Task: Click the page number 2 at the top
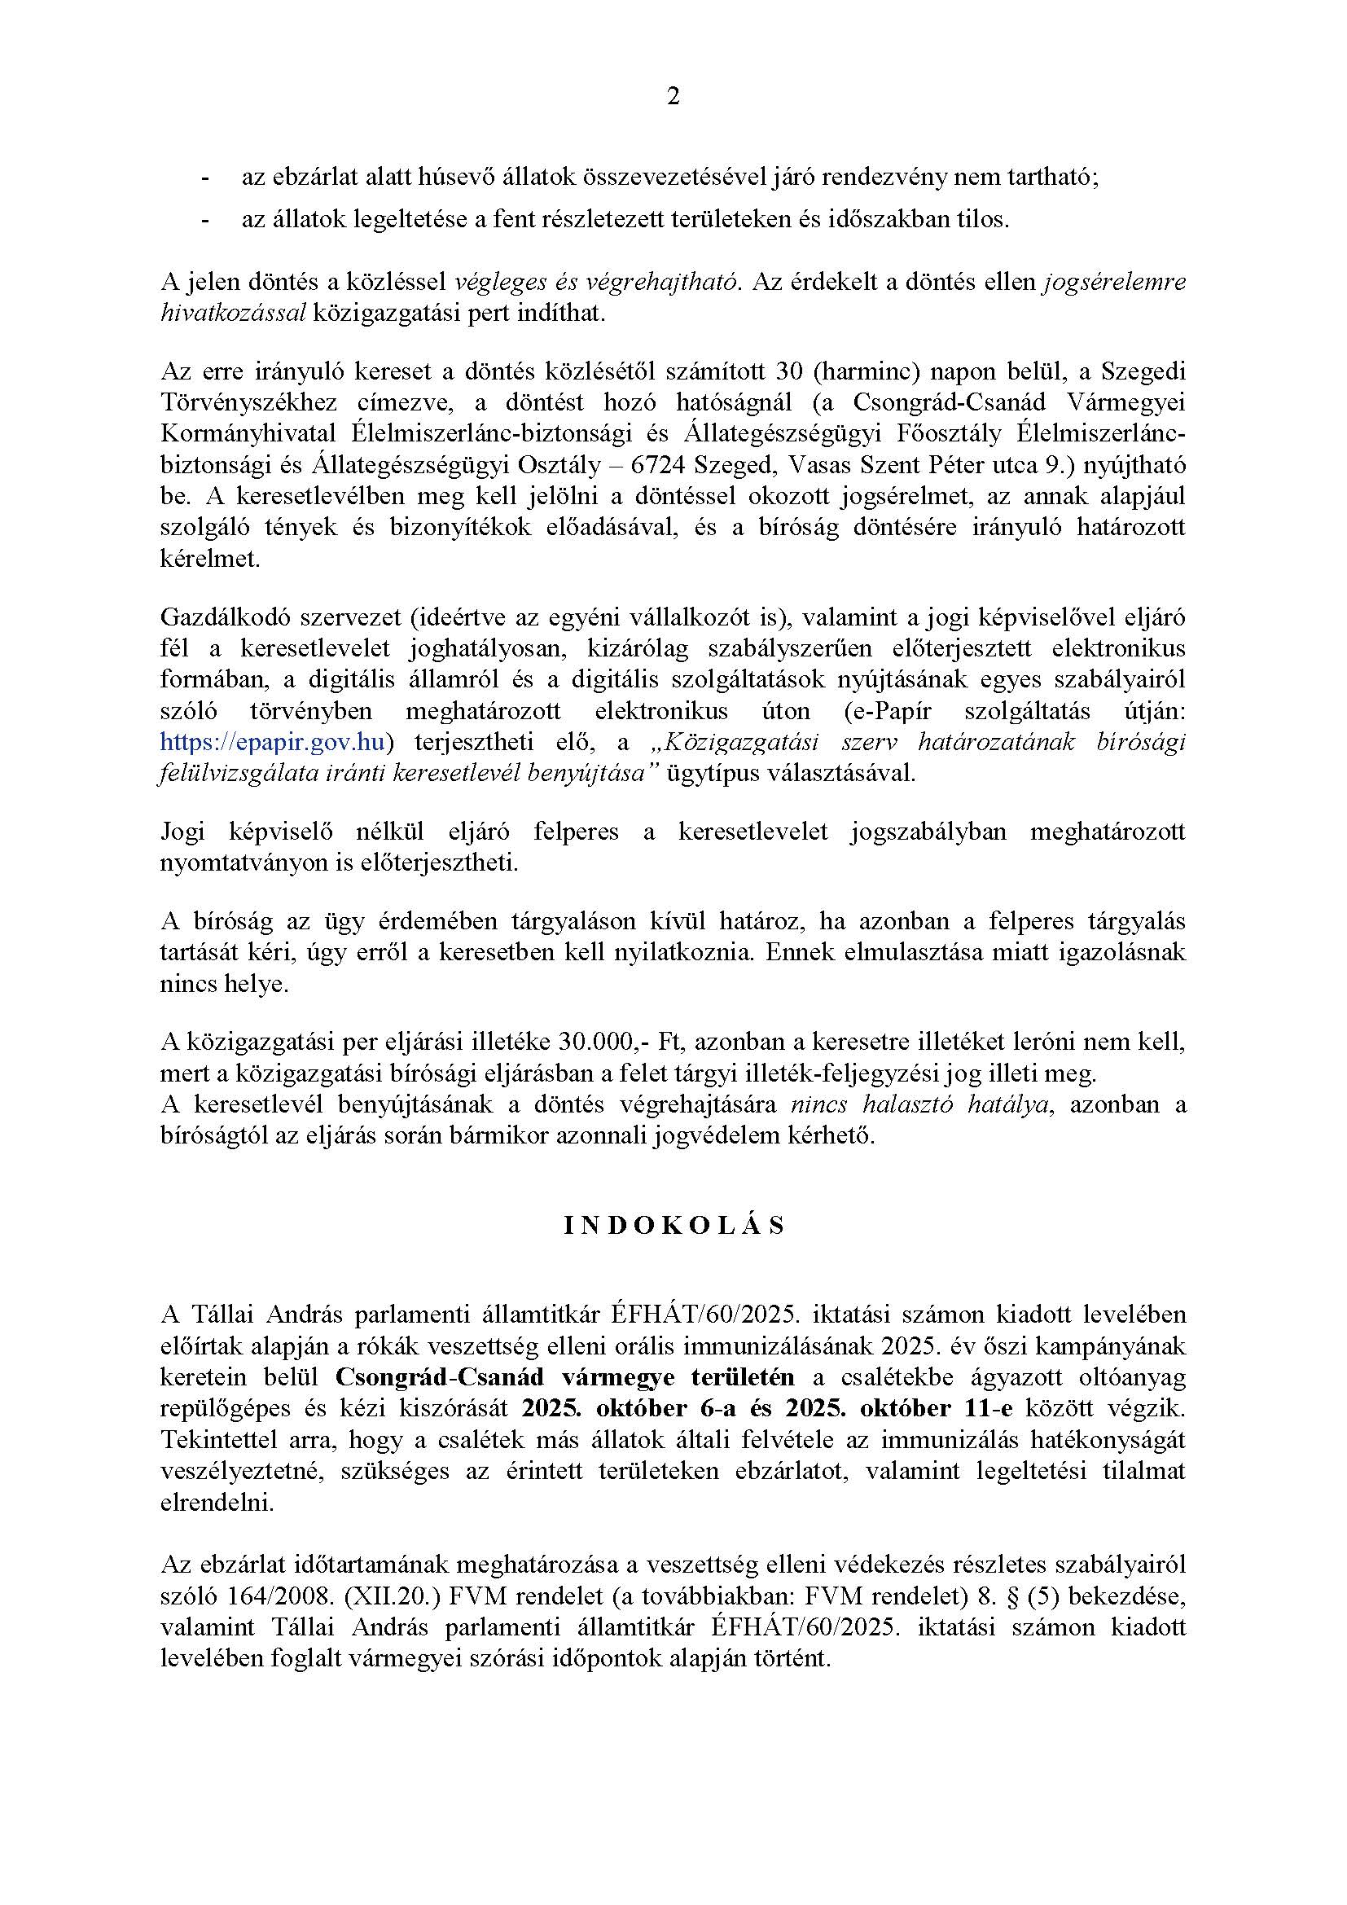point(673,98)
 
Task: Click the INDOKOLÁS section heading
point(673,1227)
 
